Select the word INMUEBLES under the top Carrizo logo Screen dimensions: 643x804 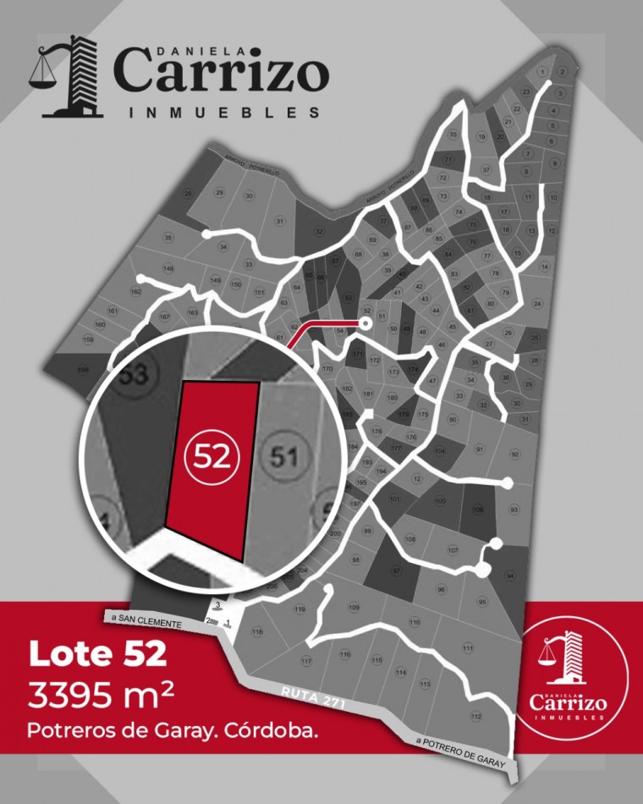pos(223,112)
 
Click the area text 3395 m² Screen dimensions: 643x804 pos(102,696)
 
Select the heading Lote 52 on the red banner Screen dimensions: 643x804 pos(97,657)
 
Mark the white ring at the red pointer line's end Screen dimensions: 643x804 pos(366,322)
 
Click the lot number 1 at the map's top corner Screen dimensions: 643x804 pos(542,71)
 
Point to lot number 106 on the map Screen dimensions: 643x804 pos(478,510)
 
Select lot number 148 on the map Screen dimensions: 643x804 pos(168,269)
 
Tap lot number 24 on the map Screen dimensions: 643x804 pos(536,303)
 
